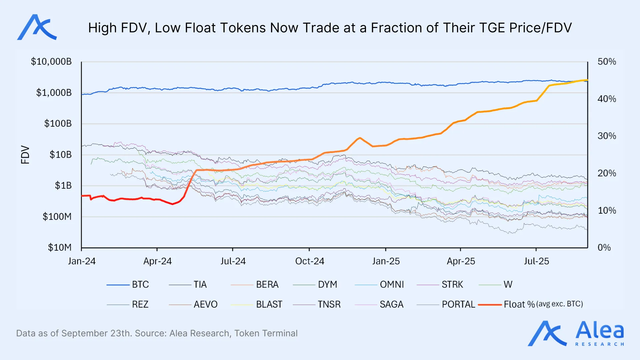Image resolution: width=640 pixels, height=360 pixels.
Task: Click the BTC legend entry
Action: (x=140, y=285)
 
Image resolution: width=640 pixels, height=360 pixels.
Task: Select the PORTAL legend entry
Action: (x=458, y=304)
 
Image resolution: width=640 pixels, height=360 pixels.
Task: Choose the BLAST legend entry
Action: (x=269, y=304)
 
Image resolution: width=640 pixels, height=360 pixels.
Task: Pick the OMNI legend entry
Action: (x=392, y=285)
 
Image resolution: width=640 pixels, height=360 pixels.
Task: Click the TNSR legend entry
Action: (x=329, y=304)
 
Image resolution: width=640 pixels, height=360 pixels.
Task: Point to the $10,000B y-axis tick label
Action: (x=51, y=62)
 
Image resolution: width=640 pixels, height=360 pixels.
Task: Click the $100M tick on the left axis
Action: (x=57, y=217)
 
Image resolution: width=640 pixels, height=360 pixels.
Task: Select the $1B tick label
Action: (x=63, y=186)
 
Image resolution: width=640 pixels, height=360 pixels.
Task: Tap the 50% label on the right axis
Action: (x=607, y=62)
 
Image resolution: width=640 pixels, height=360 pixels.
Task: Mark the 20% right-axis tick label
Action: (x=607, y=173)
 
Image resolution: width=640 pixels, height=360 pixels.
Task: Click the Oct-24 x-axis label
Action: (x=310, y=261)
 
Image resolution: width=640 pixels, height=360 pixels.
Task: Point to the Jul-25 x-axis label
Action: (x=536, y=261)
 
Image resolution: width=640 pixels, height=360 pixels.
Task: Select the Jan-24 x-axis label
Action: (x=82, y=261)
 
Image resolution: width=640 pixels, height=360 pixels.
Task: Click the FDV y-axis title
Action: (x=25, y=155)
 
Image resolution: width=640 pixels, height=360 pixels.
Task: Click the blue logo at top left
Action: (x=37, y=27)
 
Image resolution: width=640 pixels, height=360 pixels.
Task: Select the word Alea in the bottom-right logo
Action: (x=599, y=330)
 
